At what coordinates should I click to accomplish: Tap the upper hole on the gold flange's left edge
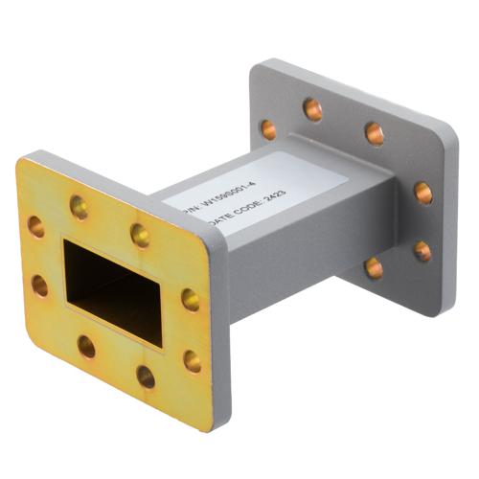(36, 227)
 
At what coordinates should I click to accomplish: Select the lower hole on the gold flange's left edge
(39, 285)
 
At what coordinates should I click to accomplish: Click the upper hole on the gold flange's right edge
(192, 300)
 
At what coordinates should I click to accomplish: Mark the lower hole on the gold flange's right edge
(193, 361)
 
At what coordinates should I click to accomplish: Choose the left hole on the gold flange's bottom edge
(87, 347)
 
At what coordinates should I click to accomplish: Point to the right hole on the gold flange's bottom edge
(146, 376)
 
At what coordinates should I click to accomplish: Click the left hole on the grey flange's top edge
(313, 109)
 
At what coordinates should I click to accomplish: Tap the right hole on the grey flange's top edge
(375, 133)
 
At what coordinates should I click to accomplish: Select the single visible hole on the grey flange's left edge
(269, 129)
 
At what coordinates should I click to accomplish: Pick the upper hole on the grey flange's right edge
(422, 193)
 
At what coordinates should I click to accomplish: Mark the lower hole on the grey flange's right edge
(422, 251)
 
